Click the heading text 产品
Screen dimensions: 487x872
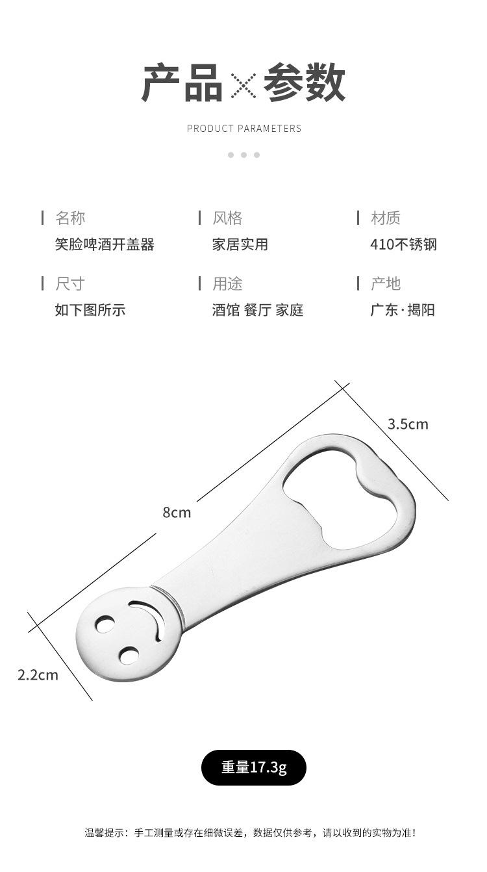tap(182, 84)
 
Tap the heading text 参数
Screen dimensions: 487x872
tap(304, 84)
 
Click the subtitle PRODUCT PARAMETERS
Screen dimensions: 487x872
tap(244, 129)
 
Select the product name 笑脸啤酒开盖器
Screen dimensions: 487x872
tap(105, 244)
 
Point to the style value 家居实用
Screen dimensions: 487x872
tap(240, 244)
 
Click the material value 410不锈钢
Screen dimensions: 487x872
tap(403, 244)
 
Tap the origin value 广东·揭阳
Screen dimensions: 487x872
tap(403, 310)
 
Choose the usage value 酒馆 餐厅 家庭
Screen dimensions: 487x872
tap(257, 310)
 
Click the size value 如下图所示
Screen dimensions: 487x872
tap(90, 310)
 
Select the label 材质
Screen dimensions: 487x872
tap(385, 218)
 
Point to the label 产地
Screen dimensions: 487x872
tap(385, 283)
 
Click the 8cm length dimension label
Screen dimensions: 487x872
tap(177, 512)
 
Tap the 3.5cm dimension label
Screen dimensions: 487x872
tap(408, 424)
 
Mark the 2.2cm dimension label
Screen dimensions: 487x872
tap(38, 674)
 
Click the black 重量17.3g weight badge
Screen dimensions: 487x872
tap(253, 767)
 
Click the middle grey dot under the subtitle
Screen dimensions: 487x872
tap(243, 155)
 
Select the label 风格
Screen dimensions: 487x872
tap(227, 218)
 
